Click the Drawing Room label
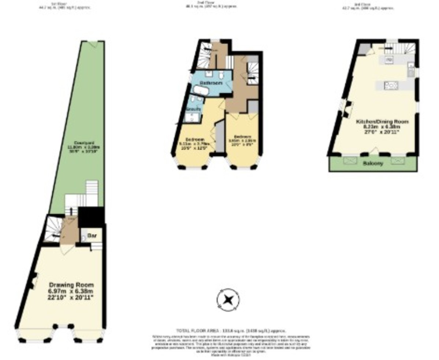(71, 285)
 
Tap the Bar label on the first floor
(91, 236)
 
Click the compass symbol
(228, 300)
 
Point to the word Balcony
(373, 164)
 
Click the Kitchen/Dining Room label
(382, 121)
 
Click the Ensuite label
(193, 109)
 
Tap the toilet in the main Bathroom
(221, 75)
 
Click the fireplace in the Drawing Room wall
(33, 281)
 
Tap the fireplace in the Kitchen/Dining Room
(346, 108)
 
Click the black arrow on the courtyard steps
(71, 211)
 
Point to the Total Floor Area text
(230, 330)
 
